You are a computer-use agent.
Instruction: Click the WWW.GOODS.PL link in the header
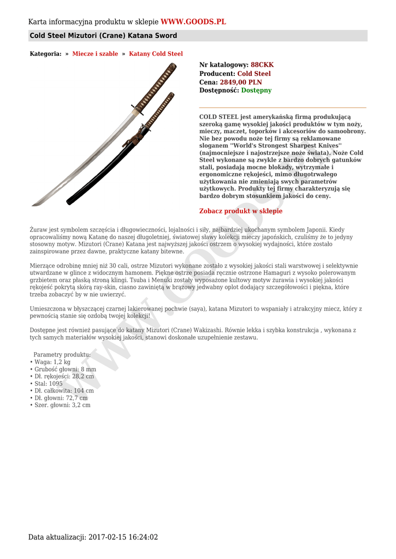(193, 22)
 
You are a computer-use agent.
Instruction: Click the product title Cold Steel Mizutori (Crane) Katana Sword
(103, 36)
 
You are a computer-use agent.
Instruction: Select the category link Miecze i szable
(95, 54)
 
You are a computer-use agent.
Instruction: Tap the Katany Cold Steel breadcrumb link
(156, 54)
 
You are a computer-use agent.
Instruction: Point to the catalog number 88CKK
(262, 65)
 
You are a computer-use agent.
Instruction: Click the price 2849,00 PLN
(241, 82)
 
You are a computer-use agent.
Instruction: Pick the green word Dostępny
(256, 91)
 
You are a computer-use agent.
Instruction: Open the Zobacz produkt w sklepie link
(241, 211)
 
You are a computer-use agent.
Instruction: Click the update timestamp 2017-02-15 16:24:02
(123, 537)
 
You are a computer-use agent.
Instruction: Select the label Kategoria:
(45, 54)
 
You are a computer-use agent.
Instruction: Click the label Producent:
(217, 74)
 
